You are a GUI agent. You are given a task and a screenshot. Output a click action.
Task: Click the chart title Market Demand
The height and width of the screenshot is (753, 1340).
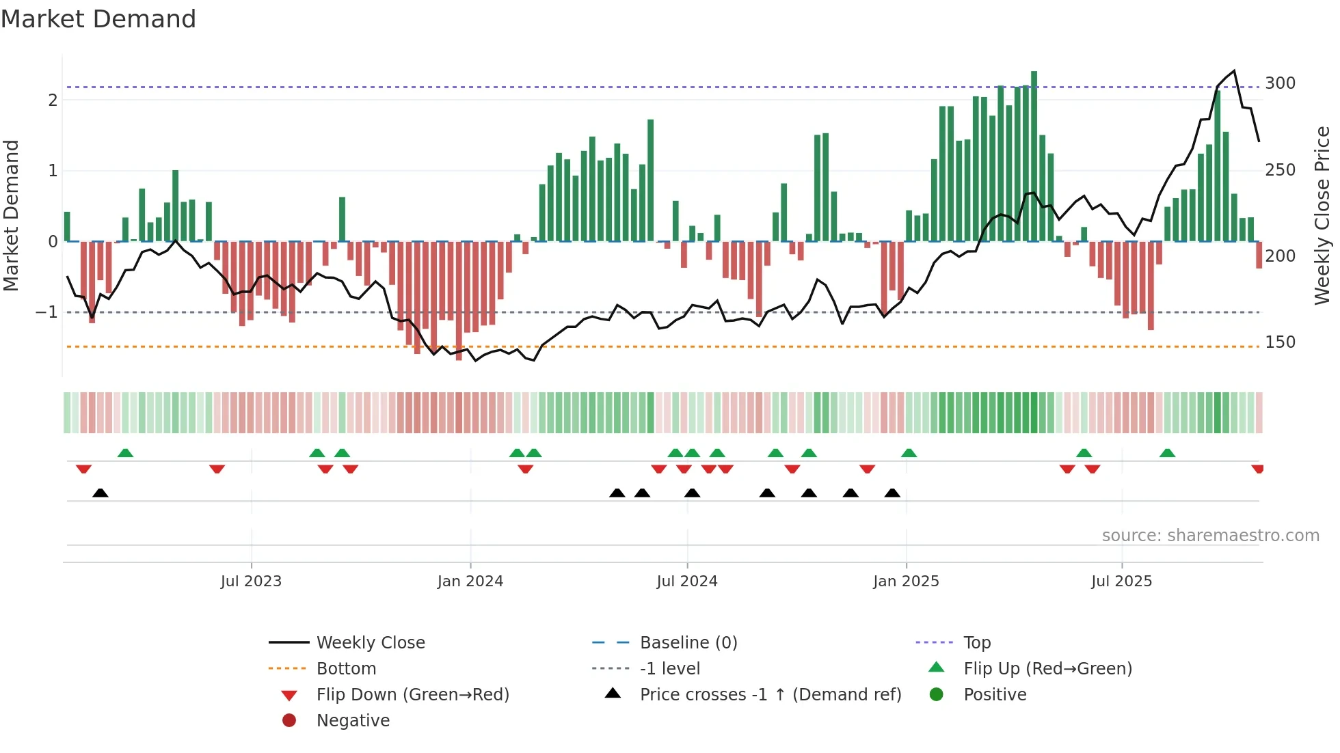pos(98,19)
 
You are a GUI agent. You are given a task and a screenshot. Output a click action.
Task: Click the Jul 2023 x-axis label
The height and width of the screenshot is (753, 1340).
pos(251,581)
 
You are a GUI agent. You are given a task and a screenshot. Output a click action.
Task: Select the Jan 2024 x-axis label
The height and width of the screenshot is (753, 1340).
pos(470,581)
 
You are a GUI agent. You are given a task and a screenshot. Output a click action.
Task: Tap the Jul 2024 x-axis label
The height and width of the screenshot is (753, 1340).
pos(687,581)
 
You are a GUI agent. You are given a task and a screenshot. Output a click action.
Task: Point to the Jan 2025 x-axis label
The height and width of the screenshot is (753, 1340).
pos(906,581)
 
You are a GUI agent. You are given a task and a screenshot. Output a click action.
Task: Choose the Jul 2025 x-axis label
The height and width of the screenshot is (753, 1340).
pos(1121,581)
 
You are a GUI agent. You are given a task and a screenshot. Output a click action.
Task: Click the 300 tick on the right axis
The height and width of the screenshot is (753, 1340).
pos(1280,83)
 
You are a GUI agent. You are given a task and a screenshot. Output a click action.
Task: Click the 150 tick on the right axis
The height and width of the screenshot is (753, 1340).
pos(1280,342)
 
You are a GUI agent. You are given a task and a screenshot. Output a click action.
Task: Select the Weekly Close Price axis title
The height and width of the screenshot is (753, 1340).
pos(1322,215)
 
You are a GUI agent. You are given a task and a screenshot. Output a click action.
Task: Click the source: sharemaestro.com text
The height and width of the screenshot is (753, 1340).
pos(1210,536)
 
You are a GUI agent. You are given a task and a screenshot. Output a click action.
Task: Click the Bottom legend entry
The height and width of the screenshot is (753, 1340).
pos(346,669)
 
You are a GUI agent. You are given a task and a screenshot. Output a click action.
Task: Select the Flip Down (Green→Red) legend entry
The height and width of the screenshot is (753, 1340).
pos(412,695)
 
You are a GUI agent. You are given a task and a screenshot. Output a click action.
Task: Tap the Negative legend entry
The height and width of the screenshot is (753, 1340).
pos(353,721)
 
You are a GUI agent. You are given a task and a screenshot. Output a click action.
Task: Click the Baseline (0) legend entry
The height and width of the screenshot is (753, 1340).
pos(688,643)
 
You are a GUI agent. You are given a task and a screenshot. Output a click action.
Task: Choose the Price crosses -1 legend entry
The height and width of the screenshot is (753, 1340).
pos(770,695)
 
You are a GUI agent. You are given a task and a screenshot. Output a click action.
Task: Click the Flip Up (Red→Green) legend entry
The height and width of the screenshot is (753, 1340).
pos(1047,669)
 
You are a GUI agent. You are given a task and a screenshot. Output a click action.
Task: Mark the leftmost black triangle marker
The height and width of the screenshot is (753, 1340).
pos(100,493)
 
